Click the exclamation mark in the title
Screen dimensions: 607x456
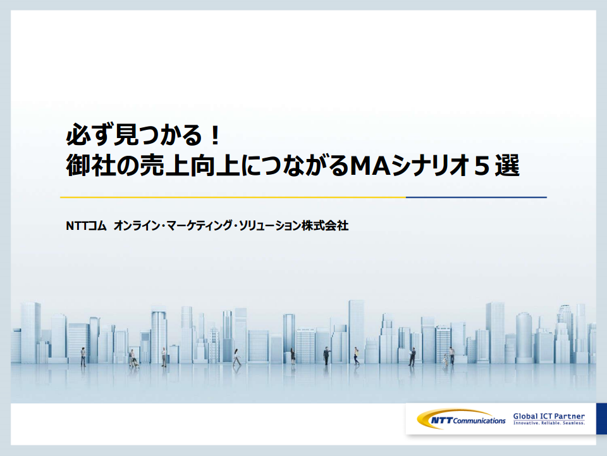pos(216,134)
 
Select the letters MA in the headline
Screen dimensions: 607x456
pos(369,165)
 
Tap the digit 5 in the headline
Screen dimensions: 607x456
pos(481,165)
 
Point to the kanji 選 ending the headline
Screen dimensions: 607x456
pos(507,165)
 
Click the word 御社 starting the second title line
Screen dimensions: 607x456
pos(90,165)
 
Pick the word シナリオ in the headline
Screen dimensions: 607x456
pos(429,165)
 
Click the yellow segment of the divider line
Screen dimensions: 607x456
pos(233,198)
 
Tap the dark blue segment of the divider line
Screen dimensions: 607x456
pos(476,198)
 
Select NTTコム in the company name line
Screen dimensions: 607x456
pos(86,225)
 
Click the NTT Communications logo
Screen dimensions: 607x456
pos(461,419)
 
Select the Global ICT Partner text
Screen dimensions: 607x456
pos(549,416)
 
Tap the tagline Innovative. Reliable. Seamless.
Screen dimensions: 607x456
pos(549,423)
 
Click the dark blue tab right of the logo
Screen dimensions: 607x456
pos(601,419)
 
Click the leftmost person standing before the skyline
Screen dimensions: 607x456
pos(83,357)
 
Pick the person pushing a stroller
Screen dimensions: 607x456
pos(133,358)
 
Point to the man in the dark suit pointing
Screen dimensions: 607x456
pos(327,355)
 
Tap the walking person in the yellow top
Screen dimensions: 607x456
pos(356,356)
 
